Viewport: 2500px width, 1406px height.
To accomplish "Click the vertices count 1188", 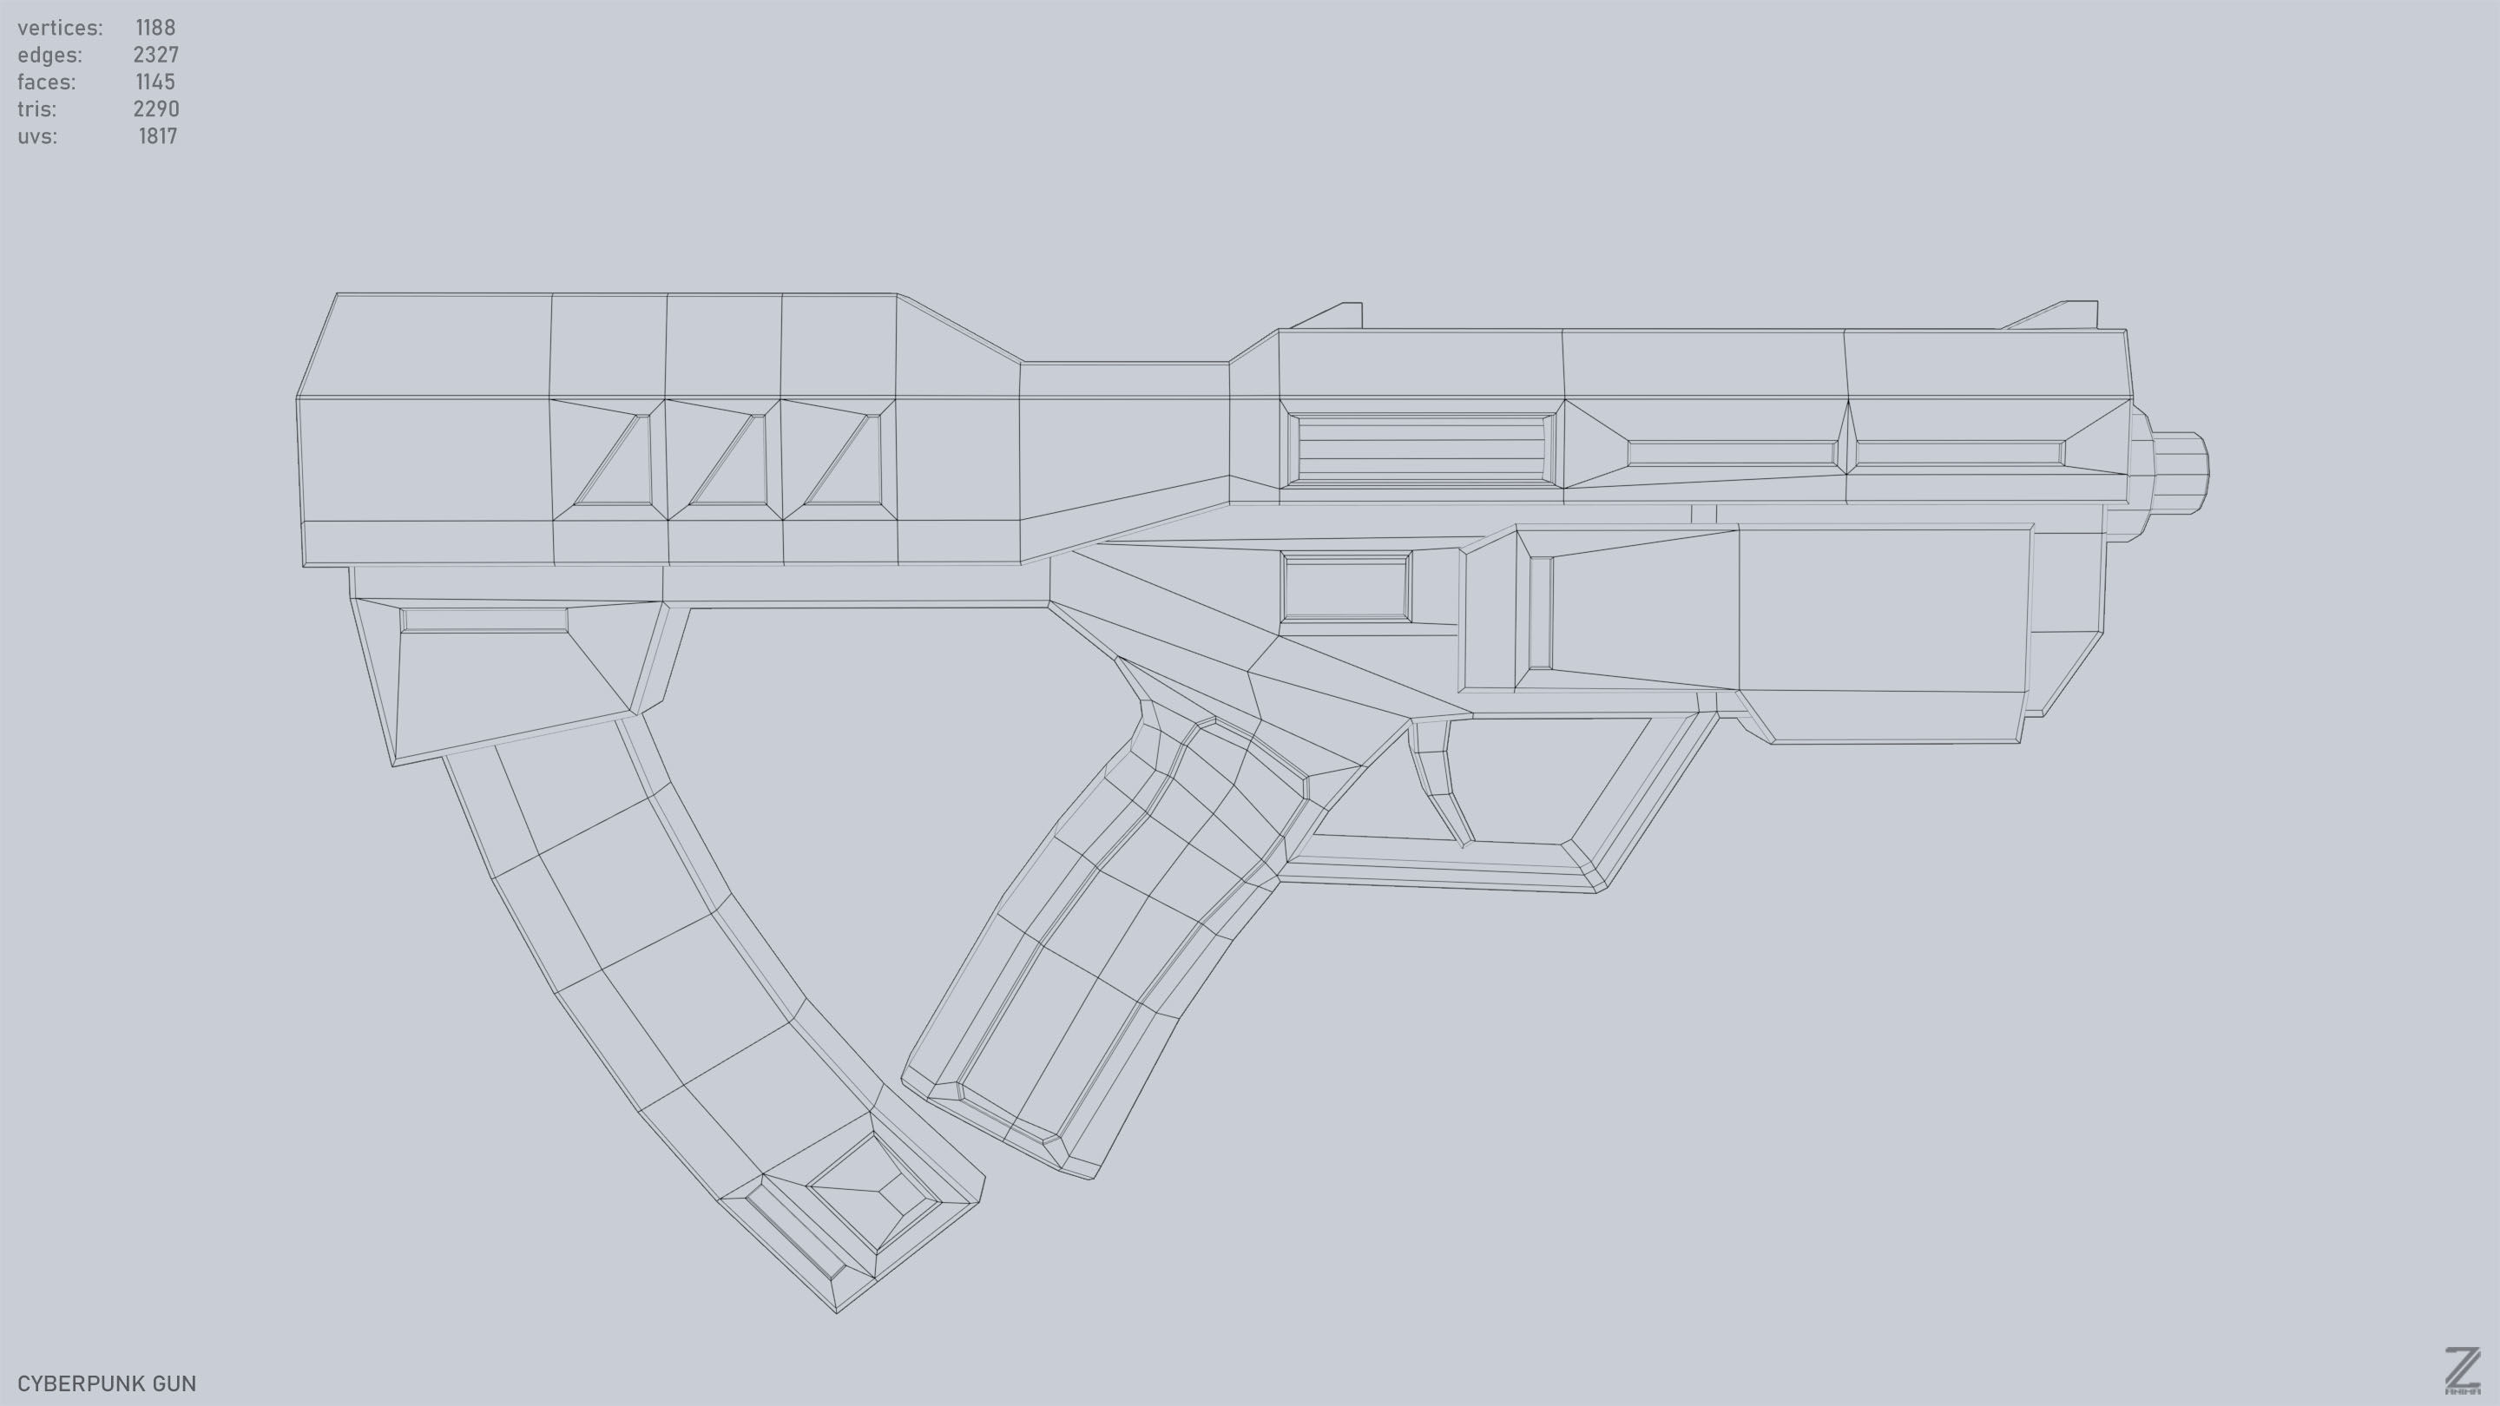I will coord(155,27).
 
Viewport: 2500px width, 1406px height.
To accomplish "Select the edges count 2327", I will coord(155,55).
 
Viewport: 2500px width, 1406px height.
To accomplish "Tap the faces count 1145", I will coord(155,82).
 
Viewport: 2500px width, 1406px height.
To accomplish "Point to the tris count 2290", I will coord(155,108).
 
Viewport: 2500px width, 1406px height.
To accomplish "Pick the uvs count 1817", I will coord(157,136).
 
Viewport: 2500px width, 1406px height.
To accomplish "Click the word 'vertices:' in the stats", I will coord(59,27).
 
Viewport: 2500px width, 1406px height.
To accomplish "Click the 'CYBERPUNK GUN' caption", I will coord(107,1383).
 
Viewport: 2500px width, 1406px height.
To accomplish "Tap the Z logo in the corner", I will coord(2460,1371).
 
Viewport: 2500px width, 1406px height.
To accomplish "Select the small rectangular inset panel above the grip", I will coord(1346,587).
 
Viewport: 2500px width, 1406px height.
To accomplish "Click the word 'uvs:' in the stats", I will coord(36,136).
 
